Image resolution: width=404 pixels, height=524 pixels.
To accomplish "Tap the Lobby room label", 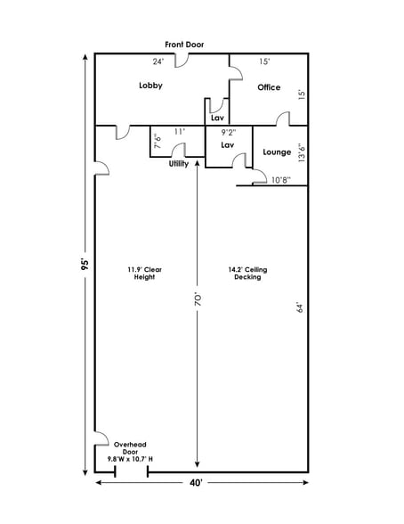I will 150,86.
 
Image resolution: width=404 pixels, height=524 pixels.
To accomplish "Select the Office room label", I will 269,87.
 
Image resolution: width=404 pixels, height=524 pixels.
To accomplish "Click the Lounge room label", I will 277,152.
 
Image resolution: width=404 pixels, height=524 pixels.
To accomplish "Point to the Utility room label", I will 178,164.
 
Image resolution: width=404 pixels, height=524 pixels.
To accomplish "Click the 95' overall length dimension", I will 85,268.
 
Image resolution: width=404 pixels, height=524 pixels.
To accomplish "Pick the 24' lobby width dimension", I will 158,61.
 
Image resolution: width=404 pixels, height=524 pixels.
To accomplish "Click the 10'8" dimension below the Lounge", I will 279,179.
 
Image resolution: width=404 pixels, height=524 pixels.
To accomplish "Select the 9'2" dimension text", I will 228,132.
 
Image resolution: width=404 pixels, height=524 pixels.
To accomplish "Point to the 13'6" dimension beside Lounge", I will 301,153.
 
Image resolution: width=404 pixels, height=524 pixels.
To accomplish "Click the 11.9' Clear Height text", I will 144,273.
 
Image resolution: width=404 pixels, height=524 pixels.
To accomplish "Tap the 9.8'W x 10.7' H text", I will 130,459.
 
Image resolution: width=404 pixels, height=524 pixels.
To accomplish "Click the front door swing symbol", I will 180,61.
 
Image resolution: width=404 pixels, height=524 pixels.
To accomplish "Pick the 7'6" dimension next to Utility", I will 157,142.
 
